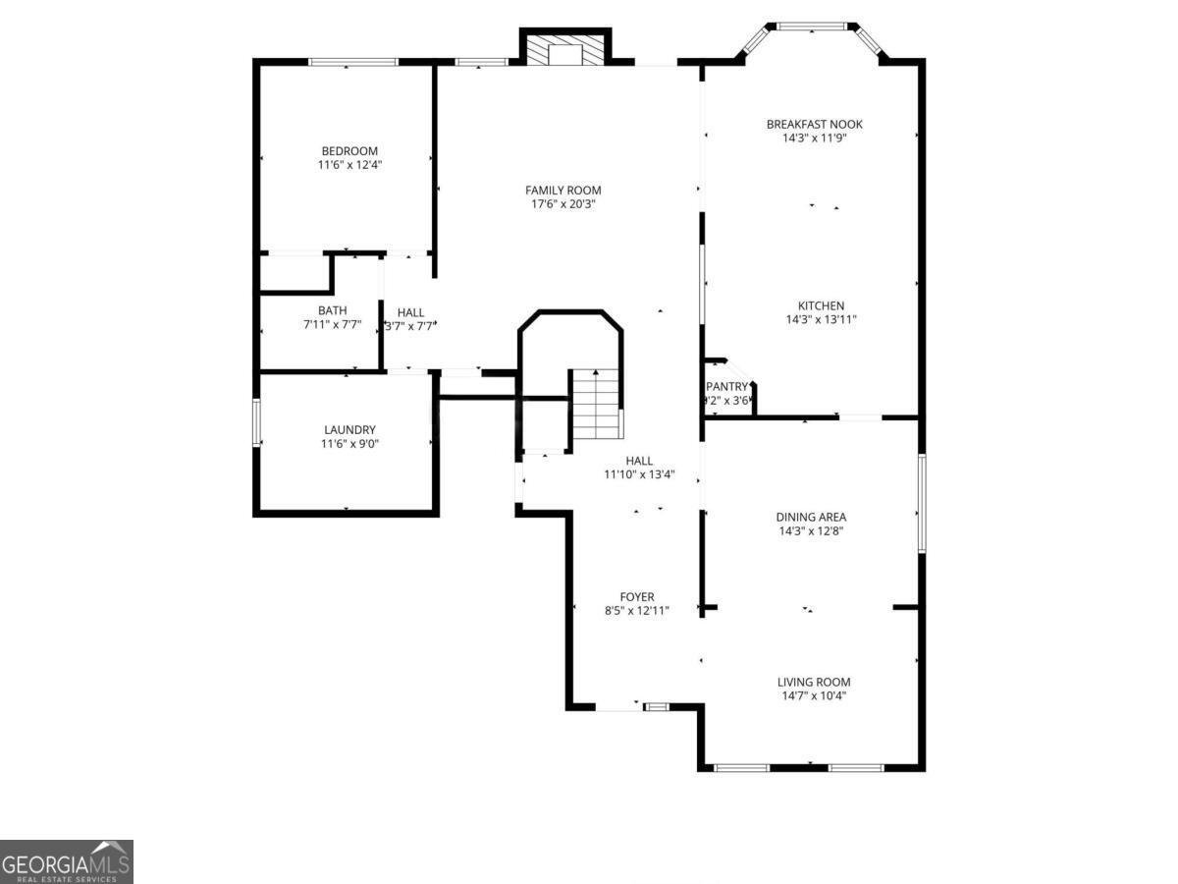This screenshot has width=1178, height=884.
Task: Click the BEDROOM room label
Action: (x=349, y=151)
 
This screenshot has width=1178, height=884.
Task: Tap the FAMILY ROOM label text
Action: (x=562, y=191)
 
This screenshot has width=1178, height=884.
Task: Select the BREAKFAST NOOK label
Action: (x=814, y=125)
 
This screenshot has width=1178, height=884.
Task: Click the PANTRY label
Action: (x=727, y=387)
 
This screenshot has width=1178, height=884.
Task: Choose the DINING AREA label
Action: (x=811, y=517)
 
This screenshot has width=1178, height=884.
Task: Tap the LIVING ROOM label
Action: (x=814, y=682)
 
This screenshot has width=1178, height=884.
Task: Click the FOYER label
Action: (x=636, y=597)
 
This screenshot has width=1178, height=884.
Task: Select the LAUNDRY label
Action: (x=349, y=430)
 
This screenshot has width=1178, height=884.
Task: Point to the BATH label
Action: (x=332, y=310)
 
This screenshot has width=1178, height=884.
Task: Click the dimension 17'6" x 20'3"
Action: (x=562, y=204)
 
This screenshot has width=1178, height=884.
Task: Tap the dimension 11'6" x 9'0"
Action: (x=349, y=444)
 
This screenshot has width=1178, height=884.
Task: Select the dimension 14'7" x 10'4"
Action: (x=813, y=695)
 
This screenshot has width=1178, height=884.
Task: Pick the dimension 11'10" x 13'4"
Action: (x=639, y=474)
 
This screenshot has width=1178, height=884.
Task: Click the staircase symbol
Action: (x=597, y=404)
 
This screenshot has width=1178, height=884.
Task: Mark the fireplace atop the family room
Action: (x=564, y=50)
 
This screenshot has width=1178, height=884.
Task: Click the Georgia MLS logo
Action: (x=66, y=861)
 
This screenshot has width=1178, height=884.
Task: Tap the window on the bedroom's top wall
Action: (x=353, y=62)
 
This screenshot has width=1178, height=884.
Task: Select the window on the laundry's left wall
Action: (x=256, y=422)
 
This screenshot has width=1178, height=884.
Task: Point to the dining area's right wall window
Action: (x=921, y=502)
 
